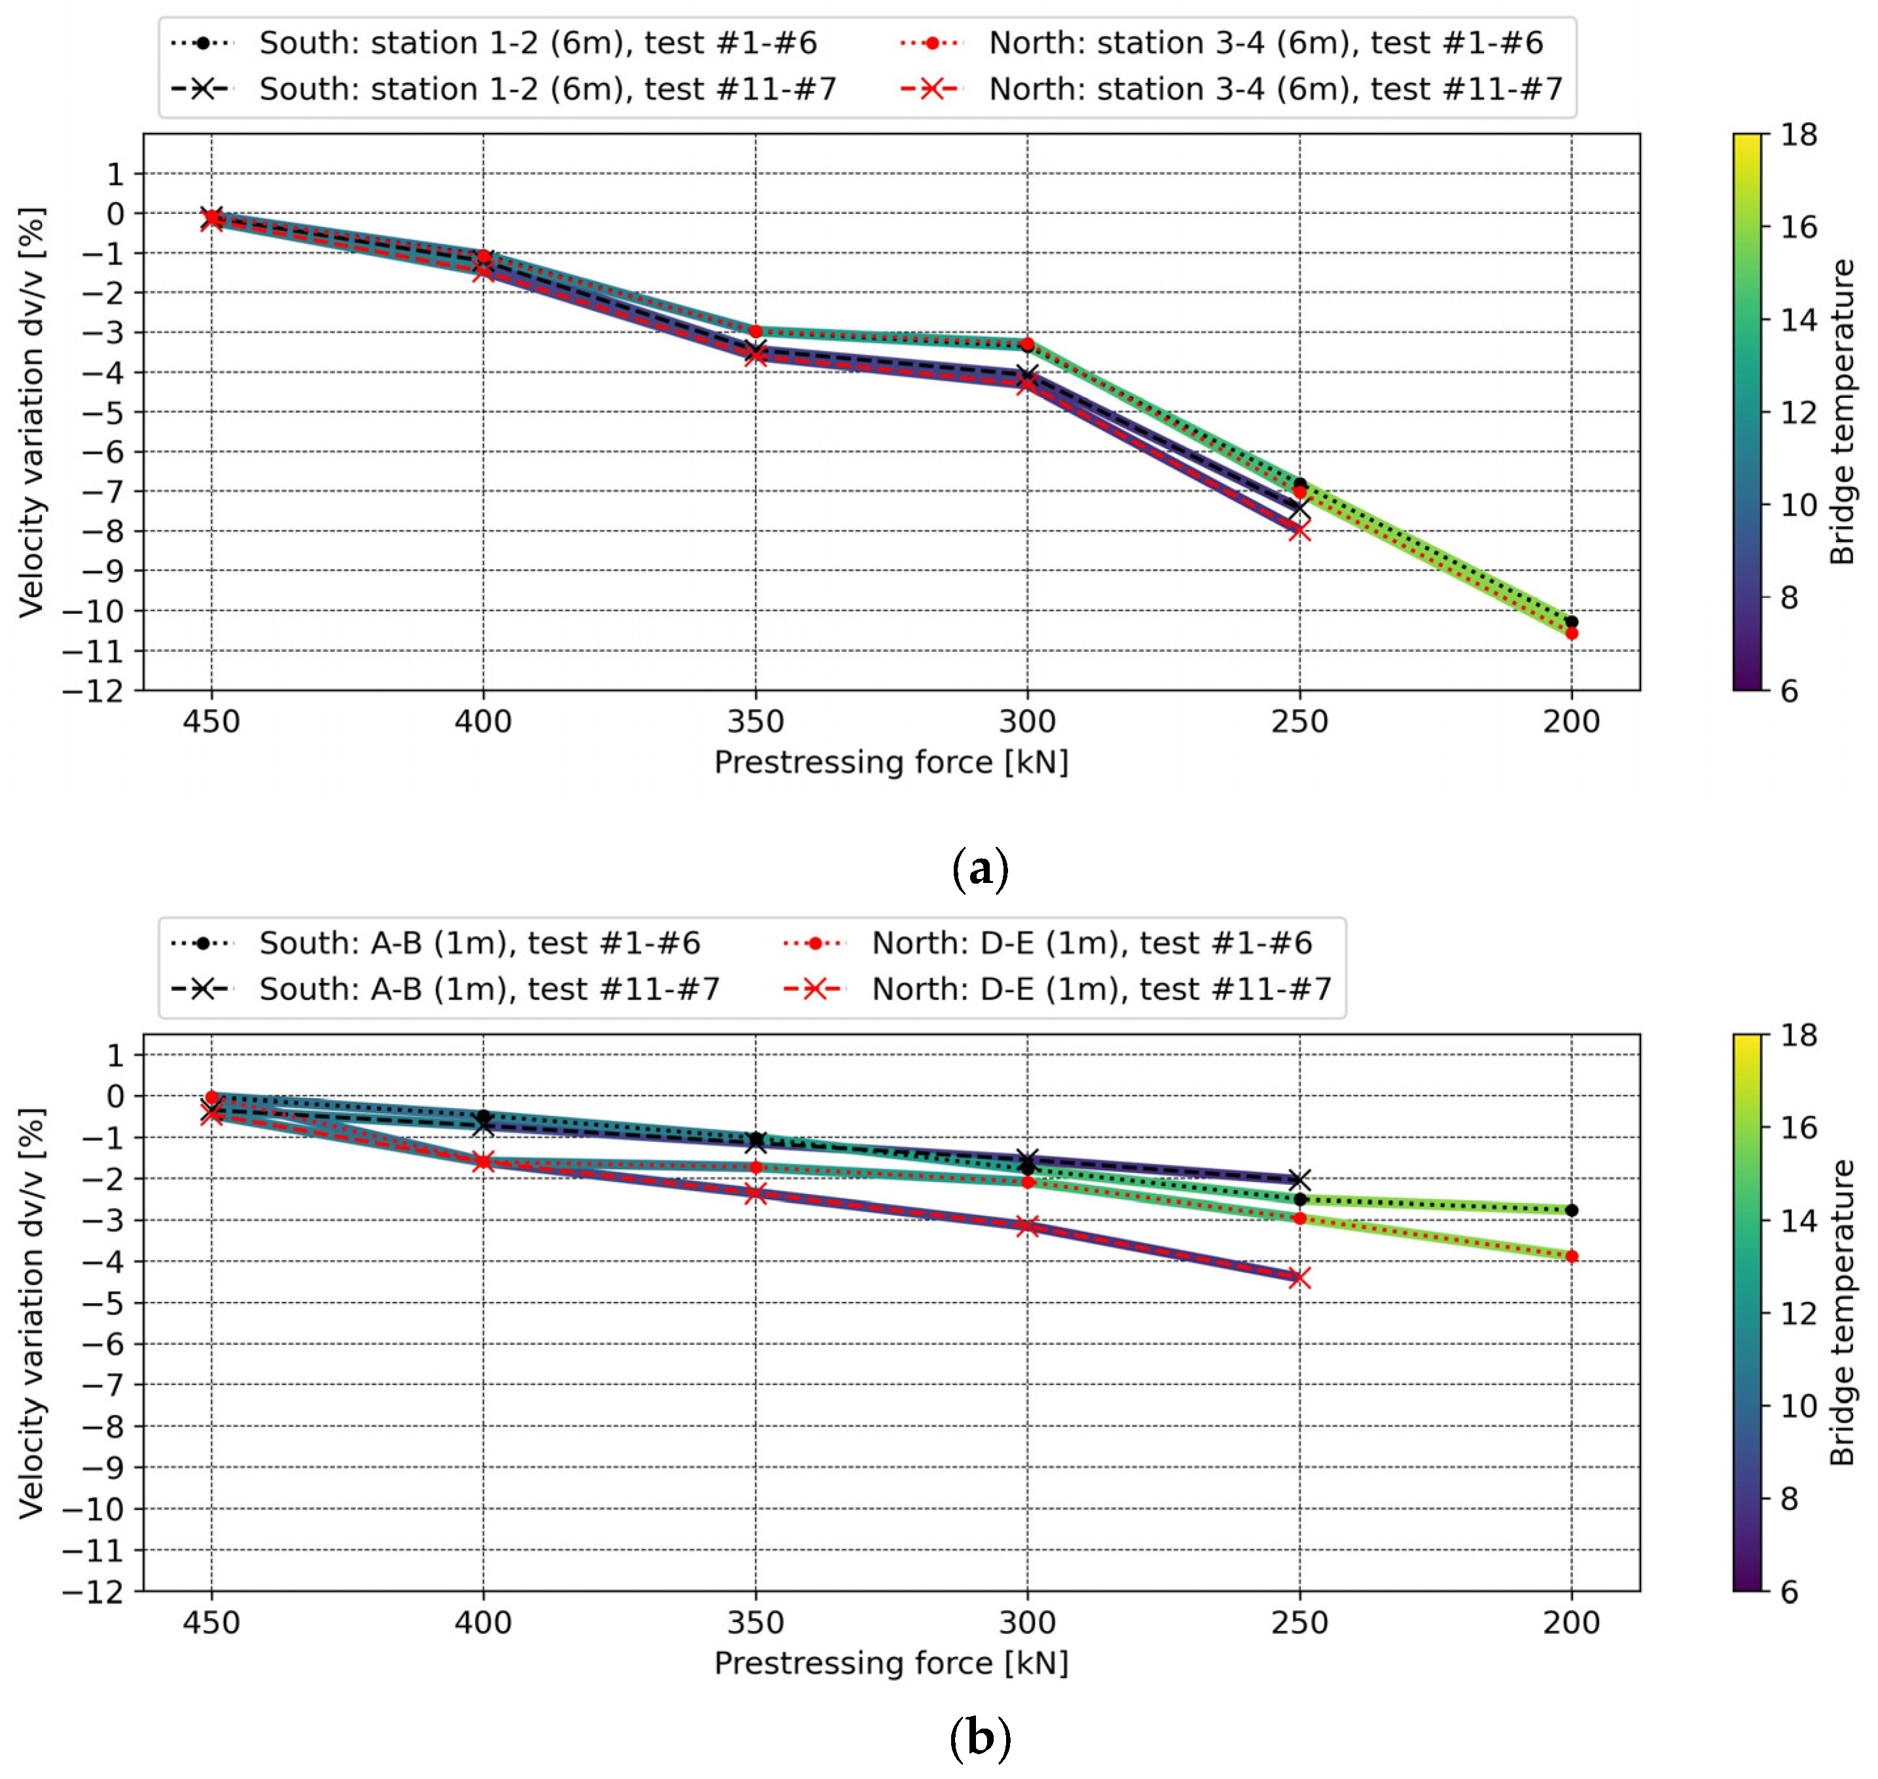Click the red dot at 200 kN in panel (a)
(x=1572, y=632)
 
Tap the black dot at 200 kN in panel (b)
(x=1572, y=1210)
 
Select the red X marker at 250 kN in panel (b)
(x=1299, y=1278)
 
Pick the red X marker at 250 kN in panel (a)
(x=1299, y=531)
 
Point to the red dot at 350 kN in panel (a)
(x=756, y=331)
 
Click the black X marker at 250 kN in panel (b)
(x=1299, y=1179)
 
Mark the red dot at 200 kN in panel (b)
(x=1572, y=1257)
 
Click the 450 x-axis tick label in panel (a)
(x=211, y=722)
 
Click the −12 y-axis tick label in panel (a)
(x=93, y=691)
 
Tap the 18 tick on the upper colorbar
(x=1798, y=135)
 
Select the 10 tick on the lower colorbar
(x=1798, y=1405)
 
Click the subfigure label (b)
(x=980, y=1738)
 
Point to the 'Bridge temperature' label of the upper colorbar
(x=1841, y=412)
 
